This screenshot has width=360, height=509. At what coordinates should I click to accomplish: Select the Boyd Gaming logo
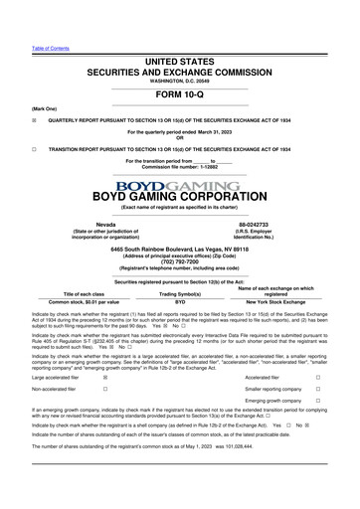(x=180, y=185)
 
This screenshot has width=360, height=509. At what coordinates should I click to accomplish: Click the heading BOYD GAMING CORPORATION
(x=180, y=197)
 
